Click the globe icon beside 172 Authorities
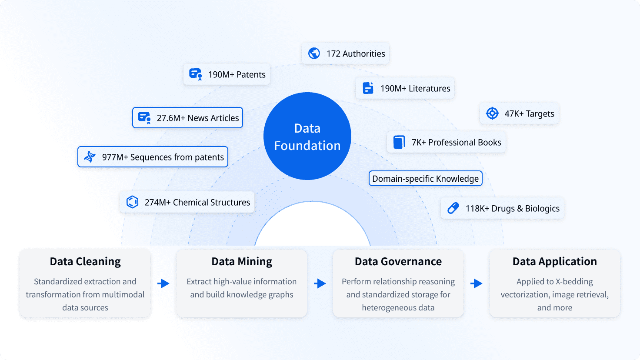(314, 53)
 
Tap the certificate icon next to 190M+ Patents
(196, 74)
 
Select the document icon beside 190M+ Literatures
(368, 88)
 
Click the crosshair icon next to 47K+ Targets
(492, 113)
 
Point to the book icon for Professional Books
(399, 142)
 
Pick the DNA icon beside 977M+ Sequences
(90, 157)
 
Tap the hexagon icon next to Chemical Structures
(132, 202)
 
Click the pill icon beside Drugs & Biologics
(453, 208)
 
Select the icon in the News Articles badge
(144, 118)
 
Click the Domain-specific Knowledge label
(425, 179)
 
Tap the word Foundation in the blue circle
(307, 146)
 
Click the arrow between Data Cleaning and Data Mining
(163, 283)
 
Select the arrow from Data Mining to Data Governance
(320, 283)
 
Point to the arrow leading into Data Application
(476, 283)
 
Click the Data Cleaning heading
(85, 261)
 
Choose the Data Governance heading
(398, 261)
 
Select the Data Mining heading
(242, 261)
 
